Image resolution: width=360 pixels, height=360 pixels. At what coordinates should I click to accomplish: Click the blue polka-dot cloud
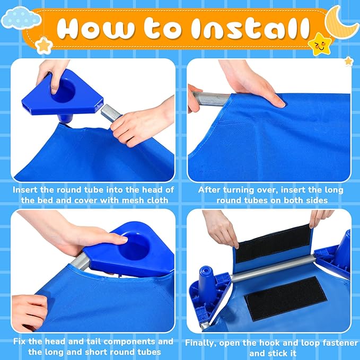point(21,18)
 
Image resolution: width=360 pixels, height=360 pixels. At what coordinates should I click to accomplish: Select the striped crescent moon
point(342,22)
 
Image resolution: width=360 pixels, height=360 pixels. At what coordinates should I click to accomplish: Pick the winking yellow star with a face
point(320,45)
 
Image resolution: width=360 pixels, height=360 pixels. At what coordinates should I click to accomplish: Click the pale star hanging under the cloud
point(43,46)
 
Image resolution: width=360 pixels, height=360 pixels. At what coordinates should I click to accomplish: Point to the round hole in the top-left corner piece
point(64,90)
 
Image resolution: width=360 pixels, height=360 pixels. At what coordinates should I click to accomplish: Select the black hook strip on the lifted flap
point(273,243)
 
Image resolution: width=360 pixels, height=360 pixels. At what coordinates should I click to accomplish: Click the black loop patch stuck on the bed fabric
point(286,298)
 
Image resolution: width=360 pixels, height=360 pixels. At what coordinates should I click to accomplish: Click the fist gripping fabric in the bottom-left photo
point(29,313)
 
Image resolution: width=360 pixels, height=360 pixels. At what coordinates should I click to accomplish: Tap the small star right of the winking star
point(348,62)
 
